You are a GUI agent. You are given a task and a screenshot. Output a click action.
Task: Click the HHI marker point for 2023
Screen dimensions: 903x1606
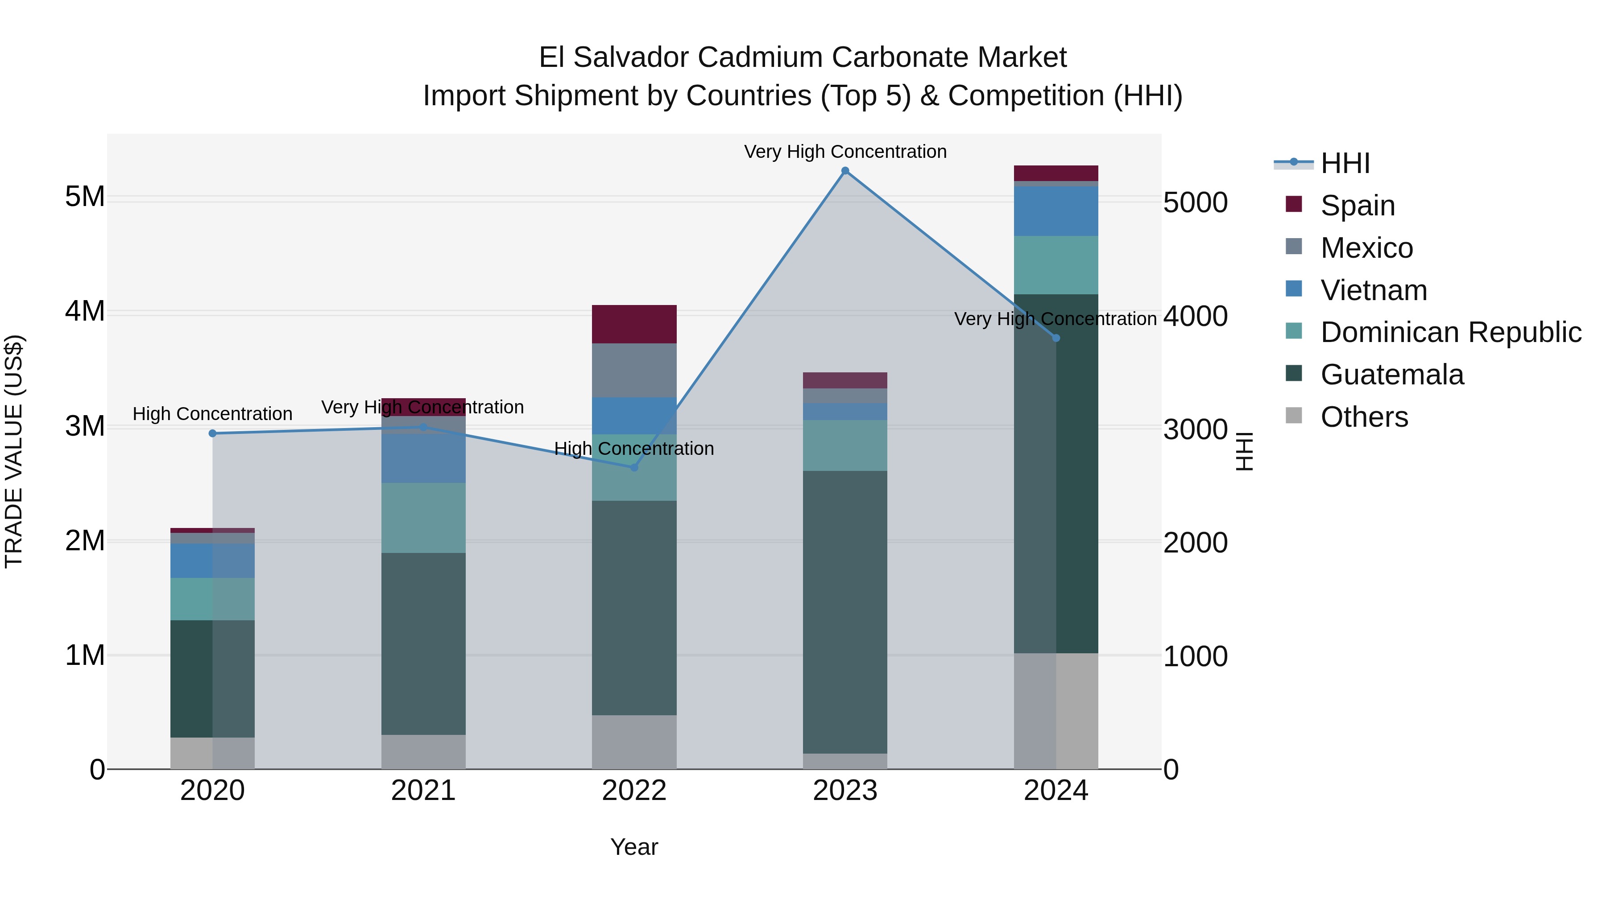(x=845, y=171)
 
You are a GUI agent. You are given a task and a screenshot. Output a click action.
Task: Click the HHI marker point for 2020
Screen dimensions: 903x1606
(x=213, y=433)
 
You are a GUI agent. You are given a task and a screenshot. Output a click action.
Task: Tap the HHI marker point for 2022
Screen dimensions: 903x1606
(x=634, y=467)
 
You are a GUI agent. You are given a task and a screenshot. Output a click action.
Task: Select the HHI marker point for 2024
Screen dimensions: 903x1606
(x=1055, y=338)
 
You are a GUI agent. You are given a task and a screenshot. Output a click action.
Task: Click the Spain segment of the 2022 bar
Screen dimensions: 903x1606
(x=634, y=324)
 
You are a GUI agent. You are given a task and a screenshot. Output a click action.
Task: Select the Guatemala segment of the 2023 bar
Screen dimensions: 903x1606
(x=845, y=611)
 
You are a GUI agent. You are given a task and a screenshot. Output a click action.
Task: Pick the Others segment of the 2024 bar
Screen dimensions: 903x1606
(x=1055, y=710)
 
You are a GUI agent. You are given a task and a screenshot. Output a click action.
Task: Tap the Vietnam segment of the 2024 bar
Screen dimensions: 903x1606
(x=1055, y=210)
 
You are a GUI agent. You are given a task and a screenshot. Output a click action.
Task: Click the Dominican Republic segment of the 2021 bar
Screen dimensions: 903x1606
(x=423, y=517)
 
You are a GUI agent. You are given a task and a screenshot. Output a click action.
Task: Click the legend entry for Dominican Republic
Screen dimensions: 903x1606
(x=1450, y=332)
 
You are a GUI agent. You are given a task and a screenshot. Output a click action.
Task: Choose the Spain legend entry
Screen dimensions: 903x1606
(x=1357, y=205)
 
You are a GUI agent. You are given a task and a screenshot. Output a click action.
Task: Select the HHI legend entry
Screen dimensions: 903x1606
(x=1345, y=163)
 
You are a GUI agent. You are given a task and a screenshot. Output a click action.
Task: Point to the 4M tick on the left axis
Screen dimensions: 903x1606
(x=85, y=311)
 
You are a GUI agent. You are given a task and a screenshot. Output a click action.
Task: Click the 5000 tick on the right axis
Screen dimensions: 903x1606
(x=1195, y=203)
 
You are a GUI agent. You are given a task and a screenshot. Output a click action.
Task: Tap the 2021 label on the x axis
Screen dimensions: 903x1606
(x=423, y=791)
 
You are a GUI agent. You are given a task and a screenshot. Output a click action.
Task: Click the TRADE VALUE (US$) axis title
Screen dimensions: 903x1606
(x=14, y=451)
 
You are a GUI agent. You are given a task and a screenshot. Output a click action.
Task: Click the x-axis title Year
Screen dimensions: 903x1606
(x=634, y=847)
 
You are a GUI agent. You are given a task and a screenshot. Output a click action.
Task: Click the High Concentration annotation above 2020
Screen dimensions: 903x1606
(x=213, y=414)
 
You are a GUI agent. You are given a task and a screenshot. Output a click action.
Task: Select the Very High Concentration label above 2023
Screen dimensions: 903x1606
(x=845, y=152)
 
